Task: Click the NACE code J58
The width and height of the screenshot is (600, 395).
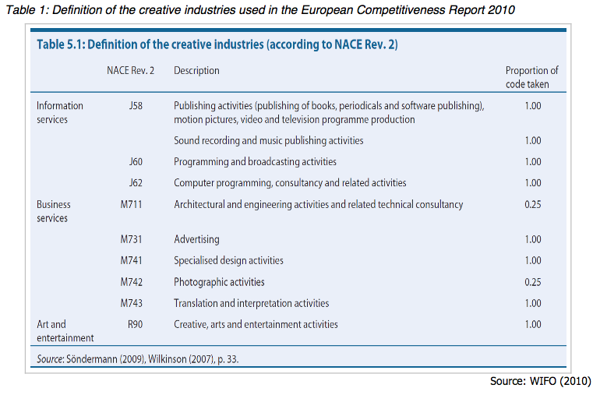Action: pos(136,106)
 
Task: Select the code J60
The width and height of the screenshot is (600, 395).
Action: pos(136,161)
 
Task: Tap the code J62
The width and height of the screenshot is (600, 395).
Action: pos(136,182)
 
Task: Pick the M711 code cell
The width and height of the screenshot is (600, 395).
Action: pos(131,204)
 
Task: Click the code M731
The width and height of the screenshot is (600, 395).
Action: pos(131,239)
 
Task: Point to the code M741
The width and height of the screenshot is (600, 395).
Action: pos(131,260)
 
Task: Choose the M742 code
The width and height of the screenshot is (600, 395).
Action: pos(131,282)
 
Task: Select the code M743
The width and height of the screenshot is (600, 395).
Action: pos(131,303)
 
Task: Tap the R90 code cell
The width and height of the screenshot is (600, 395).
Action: pos(135,324)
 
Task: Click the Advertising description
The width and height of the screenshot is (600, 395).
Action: pos(196,240)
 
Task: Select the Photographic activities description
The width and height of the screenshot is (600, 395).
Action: pos(219,282)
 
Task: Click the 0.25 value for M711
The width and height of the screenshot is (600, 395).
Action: pos(533,204)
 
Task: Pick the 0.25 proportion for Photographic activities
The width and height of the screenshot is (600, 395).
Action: pos(533,282)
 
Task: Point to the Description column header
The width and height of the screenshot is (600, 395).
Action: pos(196,70)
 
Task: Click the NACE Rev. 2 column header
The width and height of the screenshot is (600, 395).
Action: pos(130,70)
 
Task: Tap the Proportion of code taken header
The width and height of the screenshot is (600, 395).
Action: pos(532,77)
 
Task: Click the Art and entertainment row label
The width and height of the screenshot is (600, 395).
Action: pos(65,331)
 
